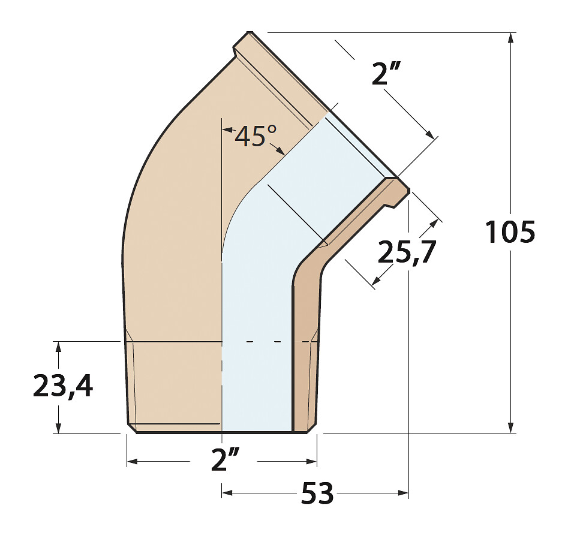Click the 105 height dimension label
509,232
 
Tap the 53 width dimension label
317,493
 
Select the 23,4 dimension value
63,386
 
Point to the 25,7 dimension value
407,251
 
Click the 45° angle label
256,135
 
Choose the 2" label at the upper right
385,73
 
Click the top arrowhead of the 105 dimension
510,38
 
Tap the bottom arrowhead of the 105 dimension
510,427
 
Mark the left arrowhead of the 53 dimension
227,493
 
